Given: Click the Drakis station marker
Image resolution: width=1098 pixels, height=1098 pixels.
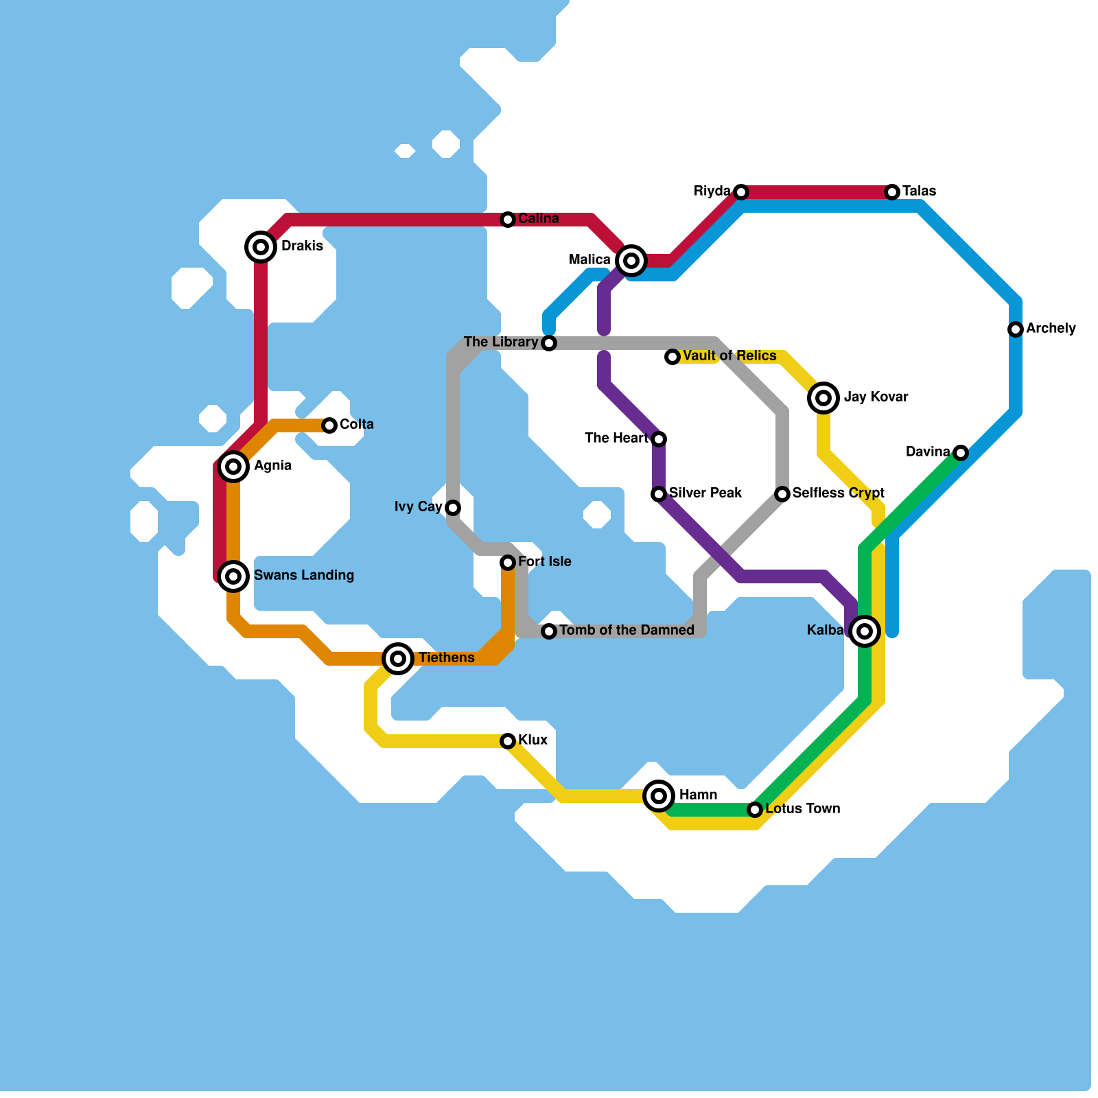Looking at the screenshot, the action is coord(261,246).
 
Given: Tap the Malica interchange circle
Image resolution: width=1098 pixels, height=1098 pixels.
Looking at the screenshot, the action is coord(631,260).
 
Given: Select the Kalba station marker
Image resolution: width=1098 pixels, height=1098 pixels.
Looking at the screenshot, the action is coord(865,631).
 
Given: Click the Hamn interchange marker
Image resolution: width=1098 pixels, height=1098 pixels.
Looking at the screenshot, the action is coord(659,795).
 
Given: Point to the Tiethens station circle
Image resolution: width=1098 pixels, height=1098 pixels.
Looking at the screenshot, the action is coord(398,658).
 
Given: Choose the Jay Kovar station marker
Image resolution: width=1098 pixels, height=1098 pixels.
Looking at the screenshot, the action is coord(823,397).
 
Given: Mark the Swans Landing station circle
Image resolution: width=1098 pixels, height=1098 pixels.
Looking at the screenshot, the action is coord(233,576).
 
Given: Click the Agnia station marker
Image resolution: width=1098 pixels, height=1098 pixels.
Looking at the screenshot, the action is coord(233,466).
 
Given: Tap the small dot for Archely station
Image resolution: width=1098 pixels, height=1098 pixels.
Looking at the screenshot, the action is coord(1016,329).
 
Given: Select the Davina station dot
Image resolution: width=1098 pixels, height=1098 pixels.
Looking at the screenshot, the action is coord(961,452).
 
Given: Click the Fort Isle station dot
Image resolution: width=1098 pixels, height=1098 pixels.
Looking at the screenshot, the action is coord(508,563).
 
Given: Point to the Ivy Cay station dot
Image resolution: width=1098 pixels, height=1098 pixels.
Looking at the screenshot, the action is coord(453,508).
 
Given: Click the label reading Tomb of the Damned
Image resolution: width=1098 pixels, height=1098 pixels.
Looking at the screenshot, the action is coord(627,630).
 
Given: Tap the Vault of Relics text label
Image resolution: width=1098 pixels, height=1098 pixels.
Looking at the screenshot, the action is coord(729,355).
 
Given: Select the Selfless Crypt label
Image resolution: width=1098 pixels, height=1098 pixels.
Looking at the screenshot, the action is coord(838,493).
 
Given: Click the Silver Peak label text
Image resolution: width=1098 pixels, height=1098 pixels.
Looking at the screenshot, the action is coord(705,493).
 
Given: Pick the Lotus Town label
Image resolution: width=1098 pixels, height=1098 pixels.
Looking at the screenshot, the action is coord(802,808).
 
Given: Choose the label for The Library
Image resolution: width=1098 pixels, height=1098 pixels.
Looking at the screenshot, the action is coord(501,342).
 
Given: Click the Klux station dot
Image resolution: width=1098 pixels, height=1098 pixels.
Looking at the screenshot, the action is coord(508,741).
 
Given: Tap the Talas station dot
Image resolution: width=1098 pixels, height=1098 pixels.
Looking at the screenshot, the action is coord(892,192).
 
